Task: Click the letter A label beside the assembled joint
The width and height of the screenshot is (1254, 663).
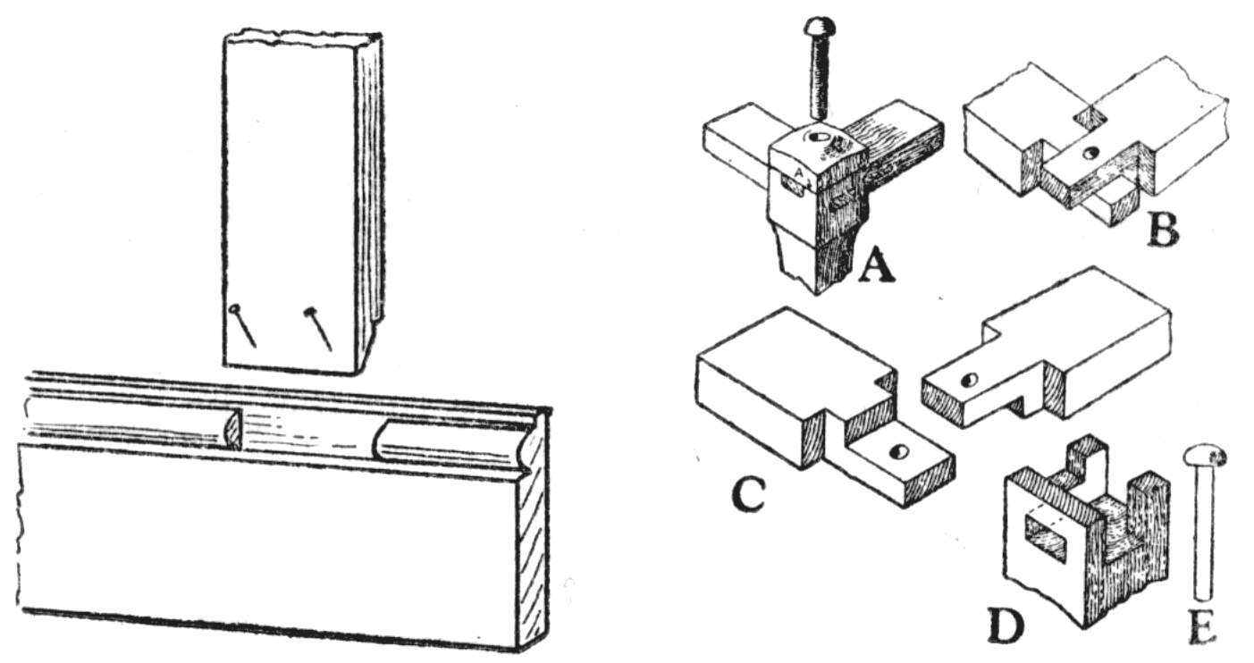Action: [x=875, y=266]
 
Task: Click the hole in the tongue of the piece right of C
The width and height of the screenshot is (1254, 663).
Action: [x=967, y=381]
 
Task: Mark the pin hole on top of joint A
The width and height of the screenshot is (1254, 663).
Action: [x=816, y=138]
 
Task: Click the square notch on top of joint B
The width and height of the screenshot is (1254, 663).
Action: [x=1088, y=116]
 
